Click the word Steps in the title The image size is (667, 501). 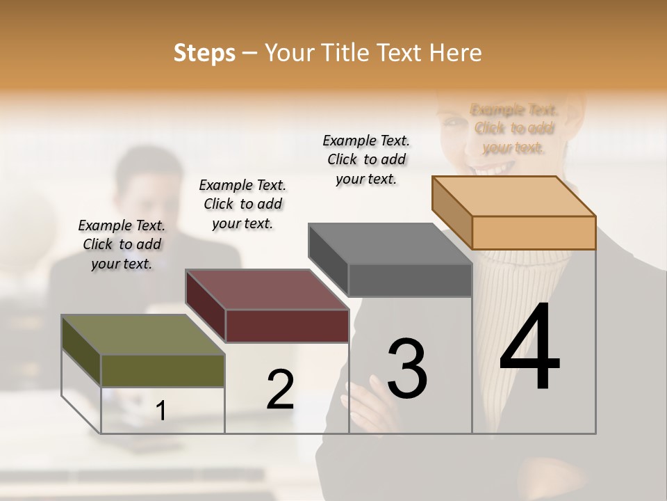pos(204,53)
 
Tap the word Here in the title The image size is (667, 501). pos(456,53)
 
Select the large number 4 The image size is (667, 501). pos(529,348)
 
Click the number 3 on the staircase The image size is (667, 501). pos(406,369)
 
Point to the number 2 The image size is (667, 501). pos(280,390)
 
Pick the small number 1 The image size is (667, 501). pos(161,411)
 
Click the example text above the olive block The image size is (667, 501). pos(122,244)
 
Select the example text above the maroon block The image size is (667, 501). pos(242,204)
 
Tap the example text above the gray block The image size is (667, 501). pos(366,159)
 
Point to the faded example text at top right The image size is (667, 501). pos(513,128)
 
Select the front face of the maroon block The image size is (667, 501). pos(287,326)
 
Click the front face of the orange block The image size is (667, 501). pos(534,232)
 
